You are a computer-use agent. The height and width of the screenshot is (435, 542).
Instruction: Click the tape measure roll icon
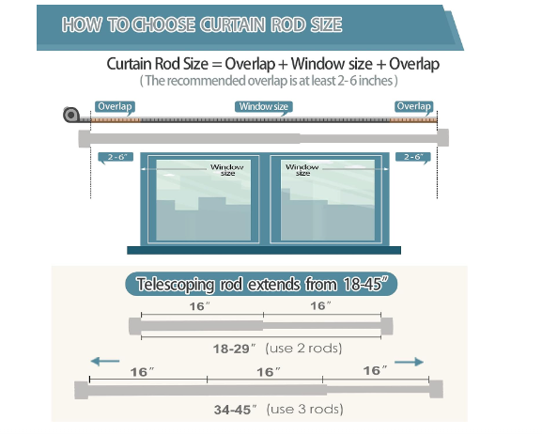71,115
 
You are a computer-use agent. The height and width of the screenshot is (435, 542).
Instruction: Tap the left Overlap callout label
115,106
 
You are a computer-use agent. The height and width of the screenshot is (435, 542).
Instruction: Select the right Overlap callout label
413,106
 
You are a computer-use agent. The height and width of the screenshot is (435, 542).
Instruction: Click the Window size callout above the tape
264,106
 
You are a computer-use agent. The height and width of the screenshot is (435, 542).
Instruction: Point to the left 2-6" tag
116,157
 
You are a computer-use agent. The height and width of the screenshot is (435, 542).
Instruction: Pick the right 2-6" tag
413,157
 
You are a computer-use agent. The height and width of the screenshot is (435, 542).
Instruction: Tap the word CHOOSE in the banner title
163,24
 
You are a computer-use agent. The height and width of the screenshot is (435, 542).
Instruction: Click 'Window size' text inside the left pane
227,170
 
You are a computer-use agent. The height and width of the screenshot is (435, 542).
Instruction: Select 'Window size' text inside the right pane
302,170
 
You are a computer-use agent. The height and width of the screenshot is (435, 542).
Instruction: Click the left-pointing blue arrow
105,362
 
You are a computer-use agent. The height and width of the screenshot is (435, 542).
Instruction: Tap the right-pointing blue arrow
409,362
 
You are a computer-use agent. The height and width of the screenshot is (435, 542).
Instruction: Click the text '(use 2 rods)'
303,348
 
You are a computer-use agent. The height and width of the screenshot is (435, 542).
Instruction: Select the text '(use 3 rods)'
305,409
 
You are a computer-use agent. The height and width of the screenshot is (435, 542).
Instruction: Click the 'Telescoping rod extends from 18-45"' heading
261,285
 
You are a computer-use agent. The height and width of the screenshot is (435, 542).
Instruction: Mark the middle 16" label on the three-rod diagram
269,372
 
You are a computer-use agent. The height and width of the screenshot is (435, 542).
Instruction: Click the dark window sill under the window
264,250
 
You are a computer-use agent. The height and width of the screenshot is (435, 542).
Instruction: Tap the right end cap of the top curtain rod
443,137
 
